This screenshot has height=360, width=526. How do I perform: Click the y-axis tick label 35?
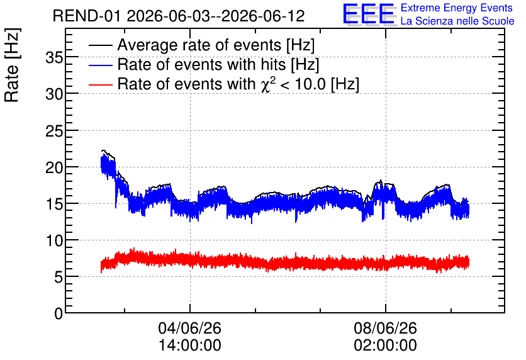pyautogui.click(x=54, y=58)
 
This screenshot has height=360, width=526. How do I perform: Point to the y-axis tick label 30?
pyautogui.click(x=54, y=94)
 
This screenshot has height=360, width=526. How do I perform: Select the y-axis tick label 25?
pyautogui.click(x=54, y=131)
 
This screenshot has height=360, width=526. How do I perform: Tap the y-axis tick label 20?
pyautogui.click(x=54, y=167)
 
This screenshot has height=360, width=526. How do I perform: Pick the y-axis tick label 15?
pyautogui.click(x=54, y=204)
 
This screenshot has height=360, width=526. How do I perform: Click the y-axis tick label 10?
pyautogui.click(x=54, y=240)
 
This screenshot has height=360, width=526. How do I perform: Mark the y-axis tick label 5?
pyautogui.click(x=59, y=277)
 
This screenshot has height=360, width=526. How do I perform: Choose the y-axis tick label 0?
pyautogui.click(x=59, y=313)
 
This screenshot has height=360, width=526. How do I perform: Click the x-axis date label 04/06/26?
pyautogui.click(x=189, y=328)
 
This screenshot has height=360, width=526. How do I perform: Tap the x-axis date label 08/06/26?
pyautogui.click(x=385, y=328)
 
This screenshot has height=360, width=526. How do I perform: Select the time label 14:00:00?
pyautogui.click(x=189, y=345)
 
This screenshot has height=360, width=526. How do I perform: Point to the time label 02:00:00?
pyautogui.click(x=385, y=345)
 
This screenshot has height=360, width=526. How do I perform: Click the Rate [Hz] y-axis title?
pyautogui.click(x=12, y=65)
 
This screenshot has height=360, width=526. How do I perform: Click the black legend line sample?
pyautogui.click(x=100, y=45)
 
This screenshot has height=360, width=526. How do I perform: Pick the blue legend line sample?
pyautogui.click(x=100, y=65)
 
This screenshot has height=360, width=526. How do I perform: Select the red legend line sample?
pyautogui.click(x=100, y=84)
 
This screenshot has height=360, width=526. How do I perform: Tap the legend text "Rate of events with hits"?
pyautogui.click(x=201, y=64)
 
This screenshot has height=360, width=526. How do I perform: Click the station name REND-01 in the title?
pyautogui.click(x=87, y=16)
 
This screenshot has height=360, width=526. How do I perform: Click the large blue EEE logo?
pyautogui.click(x=369, y=14)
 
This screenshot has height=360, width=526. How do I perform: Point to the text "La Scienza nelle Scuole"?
pyautogui.click(x=457, y=21)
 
